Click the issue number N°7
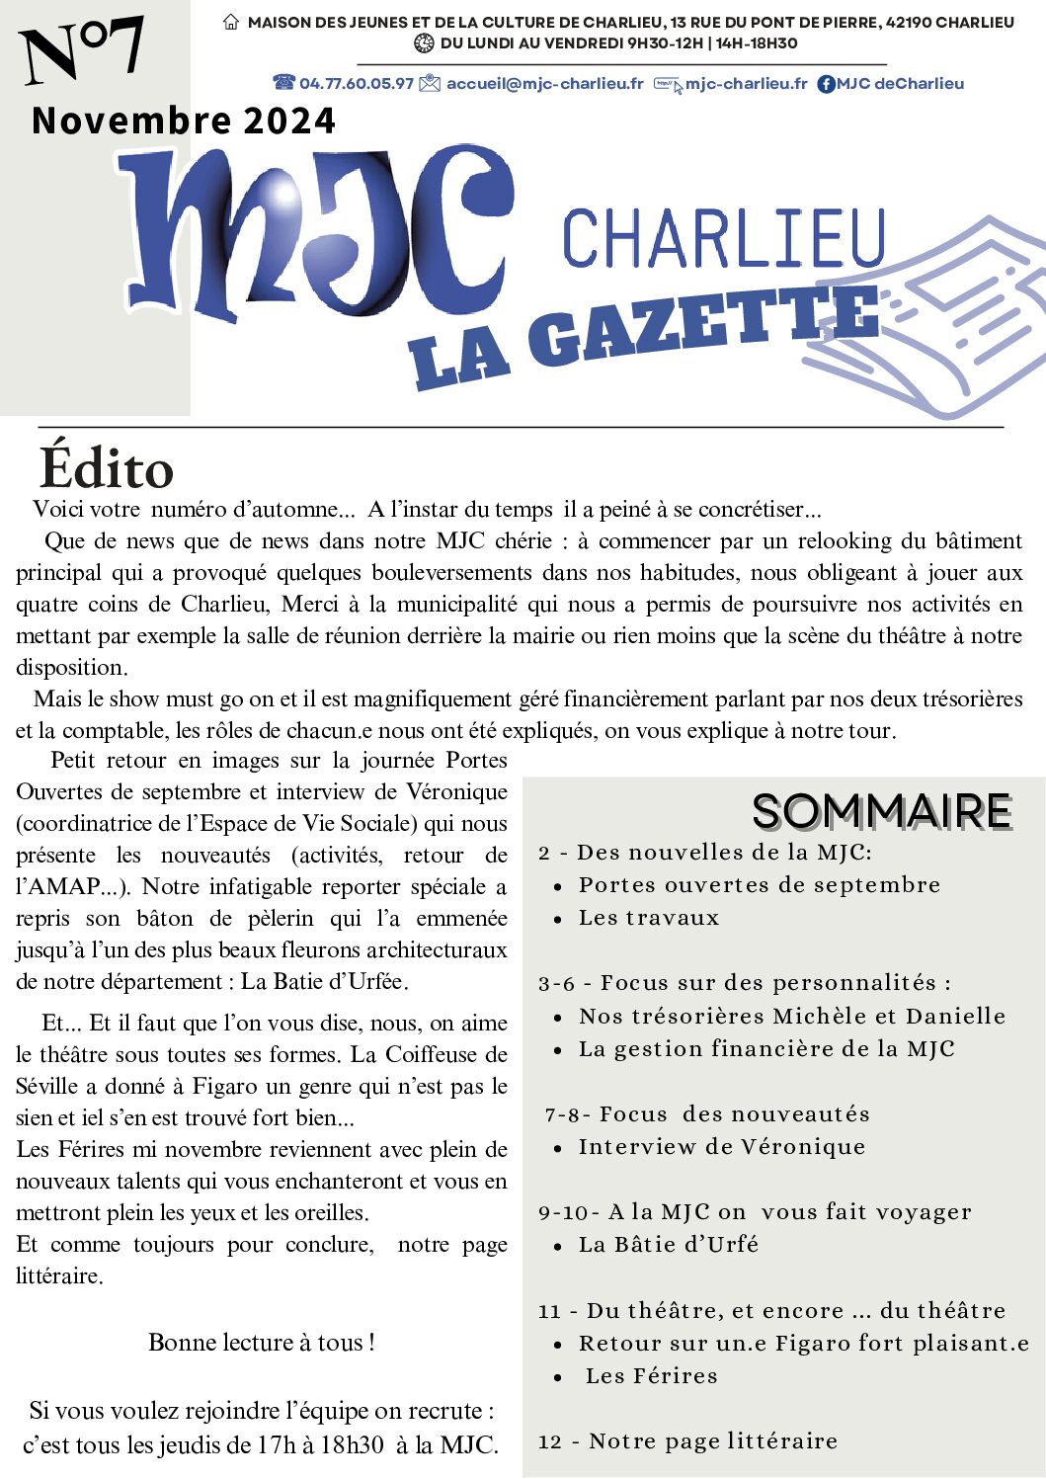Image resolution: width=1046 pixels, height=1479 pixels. [83, 51]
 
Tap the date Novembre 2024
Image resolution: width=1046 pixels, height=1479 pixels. [184, 121]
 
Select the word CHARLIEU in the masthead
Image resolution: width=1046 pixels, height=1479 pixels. [724, 238]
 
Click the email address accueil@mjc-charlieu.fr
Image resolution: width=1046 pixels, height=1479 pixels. [544, 84]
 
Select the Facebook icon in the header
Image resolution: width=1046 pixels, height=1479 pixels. [826, 85]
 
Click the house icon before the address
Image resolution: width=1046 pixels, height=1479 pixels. [231, 22]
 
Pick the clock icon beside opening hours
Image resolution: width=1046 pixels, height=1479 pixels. [424, 43]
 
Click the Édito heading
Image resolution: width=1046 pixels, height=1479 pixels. [107, 468]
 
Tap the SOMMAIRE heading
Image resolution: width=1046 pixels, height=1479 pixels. [882, 812]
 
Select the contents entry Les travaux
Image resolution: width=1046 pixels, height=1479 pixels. [649, 918]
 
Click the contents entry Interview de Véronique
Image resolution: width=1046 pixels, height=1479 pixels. [721, 1147]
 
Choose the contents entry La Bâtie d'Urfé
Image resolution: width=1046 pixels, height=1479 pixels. [669, 1245]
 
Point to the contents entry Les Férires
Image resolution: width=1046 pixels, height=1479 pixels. [651, 1376]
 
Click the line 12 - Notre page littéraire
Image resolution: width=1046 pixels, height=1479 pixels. [687, 1441]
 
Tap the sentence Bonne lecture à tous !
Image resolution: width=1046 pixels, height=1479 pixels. [261, 1343]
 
